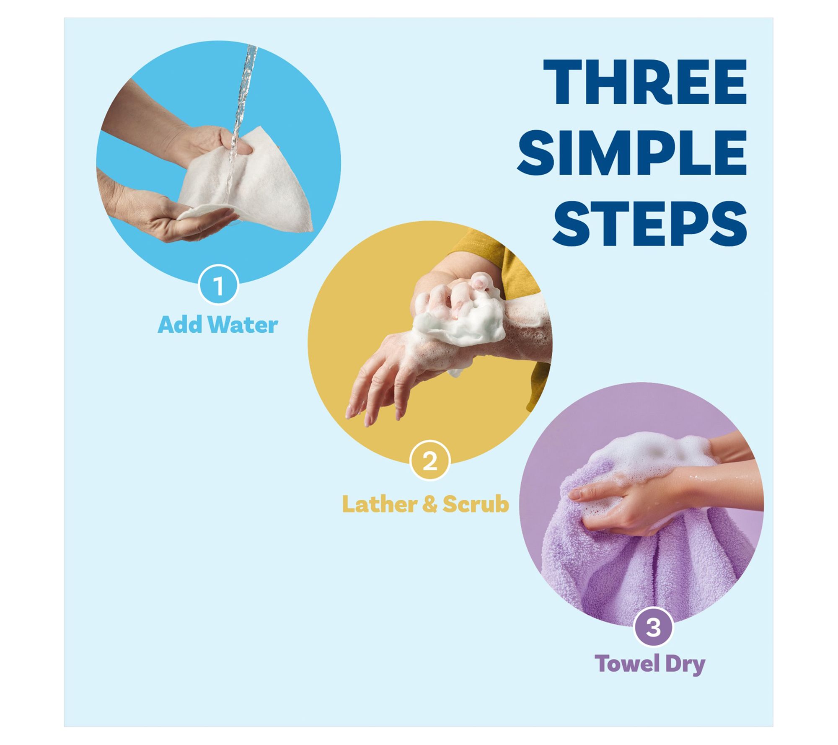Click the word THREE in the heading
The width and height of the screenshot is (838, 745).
coord(645,82)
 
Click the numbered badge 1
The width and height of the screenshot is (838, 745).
coord(218,285)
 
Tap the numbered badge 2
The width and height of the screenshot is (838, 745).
coord(430,460)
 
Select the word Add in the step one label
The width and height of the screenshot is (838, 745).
coord(180,325)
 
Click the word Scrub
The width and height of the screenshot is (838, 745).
coord(476,504)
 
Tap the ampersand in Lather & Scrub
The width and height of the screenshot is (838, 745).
coord(430,504)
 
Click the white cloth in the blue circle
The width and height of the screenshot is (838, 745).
coord(247,184)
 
